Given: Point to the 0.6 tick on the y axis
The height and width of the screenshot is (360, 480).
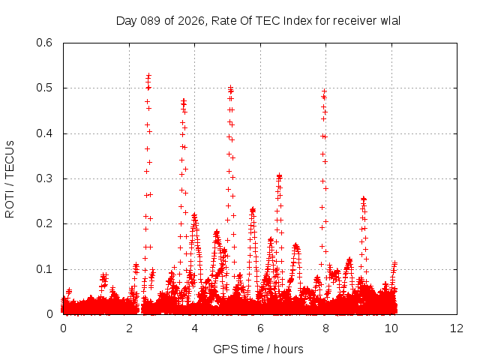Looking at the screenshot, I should [x=46, y=43].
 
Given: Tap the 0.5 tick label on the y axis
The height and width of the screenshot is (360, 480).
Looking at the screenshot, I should [x=46, y=88].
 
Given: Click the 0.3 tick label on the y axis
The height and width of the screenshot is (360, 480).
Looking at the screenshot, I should [x=46, y=178].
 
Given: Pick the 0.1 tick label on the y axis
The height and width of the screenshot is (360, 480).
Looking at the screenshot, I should [x=46, y=269].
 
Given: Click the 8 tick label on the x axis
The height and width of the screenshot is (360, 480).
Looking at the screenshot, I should [x=325, y=328].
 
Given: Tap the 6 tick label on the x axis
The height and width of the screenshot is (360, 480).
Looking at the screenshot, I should [x=260, y=328].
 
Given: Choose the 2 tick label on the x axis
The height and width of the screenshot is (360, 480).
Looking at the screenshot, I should [x=129, y=328].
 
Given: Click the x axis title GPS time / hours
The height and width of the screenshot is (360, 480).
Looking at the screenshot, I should [x=258, y=348].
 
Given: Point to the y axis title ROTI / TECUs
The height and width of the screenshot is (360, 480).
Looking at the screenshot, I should [x=10, y=178].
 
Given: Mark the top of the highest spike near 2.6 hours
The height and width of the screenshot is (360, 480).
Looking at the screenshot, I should [x=148, y=75].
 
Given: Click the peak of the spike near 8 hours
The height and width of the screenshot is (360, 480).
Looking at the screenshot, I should [x=324, y=91].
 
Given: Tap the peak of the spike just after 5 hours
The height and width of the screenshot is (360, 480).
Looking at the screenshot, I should [x=230, y=87].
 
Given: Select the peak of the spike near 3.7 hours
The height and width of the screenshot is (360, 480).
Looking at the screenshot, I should [x=184, y=100].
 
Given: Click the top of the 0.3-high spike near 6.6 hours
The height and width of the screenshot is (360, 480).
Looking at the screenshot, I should [x=279, y=175].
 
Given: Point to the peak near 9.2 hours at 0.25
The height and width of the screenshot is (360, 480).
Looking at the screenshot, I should [x=364, y=199].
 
